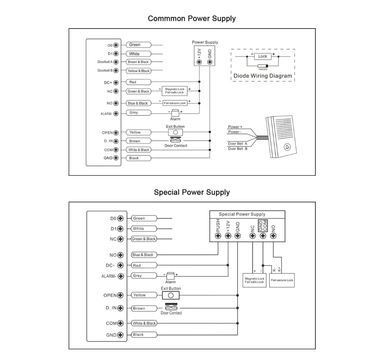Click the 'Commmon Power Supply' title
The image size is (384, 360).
(192, 19)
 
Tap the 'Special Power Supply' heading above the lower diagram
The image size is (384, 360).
(192, 192)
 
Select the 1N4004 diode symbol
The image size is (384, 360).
(263, 66)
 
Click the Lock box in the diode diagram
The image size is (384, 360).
(262, 56)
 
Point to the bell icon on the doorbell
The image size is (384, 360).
(287, 147)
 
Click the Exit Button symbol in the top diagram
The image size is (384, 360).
(175, 133)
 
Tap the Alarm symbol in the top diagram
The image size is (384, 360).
(175, 113)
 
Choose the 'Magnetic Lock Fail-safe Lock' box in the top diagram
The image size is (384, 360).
(175, 91)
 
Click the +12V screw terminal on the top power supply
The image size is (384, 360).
(199, 62)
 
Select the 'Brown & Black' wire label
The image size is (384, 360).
(138, 62)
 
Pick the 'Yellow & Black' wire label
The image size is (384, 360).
(139, 71)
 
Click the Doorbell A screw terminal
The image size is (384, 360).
(116, 62)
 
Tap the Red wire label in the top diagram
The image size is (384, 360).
(138, 82)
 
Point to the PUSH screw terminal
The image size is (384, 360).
(218, 236)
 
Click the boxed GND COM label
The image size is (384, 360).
(263, 226)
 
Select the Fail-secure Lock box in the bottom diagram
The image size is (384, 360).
(282, 280)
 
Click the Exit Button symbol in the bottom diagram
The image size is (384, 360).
(171, 295)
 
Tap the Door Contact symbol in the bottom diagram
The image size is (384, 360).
(171, 307)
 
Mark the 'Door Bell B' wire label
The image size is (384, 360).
(237, 149)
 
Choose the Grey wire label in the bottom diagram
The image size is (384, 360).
(144, 276)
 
